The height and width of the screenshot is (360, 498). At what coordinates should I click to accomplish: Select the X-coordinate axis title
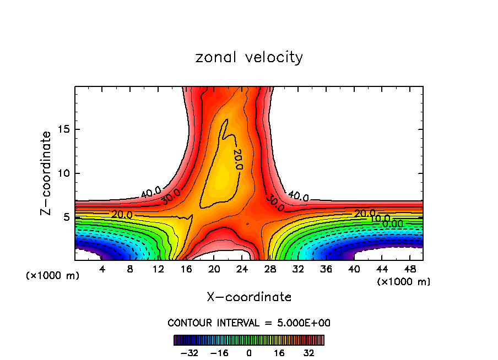pos(249,297)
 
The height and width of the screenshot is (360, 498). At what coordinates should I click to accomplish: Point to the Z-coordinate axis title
pos(46,173)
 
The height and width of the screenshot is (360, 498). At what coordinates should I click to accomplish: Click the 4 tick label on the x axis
pos(102,269)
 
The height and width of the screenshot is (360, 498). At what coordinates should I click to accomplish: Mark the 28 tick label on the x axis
pos(271,269)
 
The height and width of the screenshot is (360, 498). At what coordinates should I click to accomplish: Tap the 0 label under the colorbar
pos(249,353)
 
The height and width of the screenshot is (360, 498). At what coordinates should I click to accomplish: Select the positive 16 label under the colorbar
pos(279,353)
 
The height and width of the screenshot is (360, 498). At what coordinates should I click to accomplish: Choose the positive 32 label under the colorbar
pos(310,353)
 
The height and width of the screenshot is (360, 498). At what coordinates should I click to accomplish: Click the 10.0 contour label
pos(380,219)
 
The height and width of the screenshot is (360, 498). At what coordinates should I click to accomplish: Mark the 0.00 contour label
pos(392,223)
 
